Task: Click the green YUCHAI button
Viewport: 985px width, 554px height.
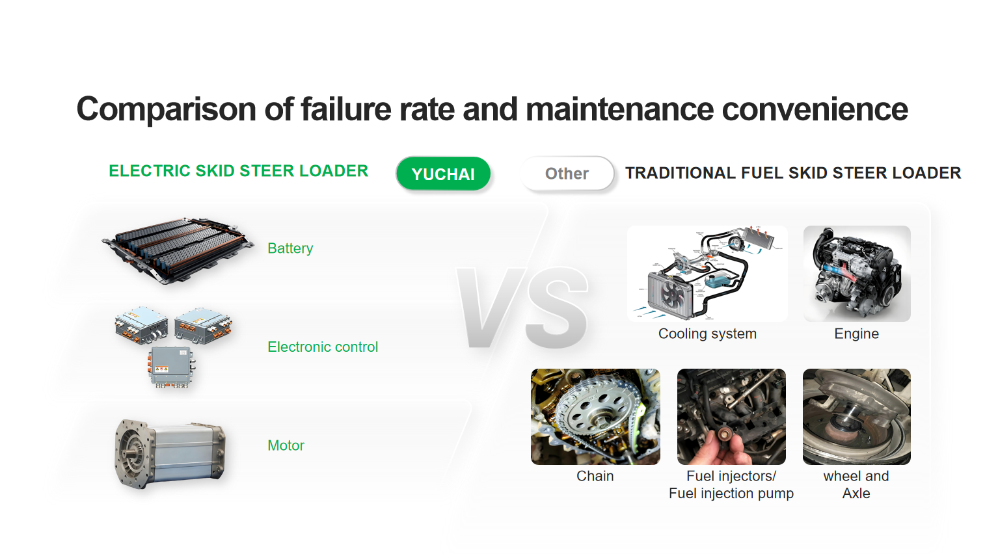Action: (443, 174)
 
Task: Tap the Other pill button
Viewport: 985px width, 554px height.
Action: (567, 174)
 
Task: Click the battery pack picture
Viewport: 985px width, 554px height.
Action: (177, 250)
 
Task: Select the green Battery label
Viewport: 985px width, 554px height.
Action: (290, 248)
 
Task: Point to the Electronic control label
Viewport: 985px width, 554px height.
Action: (323, 347)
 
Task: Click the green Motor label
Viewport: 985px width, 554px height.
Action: (286, 445)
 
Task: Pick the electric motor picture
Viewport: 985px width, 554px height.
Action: (170, 453)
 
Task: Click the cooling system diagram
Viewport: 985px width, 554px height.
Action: (707, 274)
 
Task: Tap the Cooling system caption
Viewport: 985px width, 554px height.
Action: (707, 334)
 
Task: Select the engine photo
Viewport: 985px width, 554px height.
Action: (857, 274)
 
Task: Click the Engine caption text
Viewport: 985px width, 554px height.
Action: (856, 334)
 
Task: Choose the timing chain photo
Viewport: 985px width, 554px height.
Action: (595, 417)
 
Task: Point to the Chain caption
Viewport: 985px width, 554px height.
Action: (595, 476)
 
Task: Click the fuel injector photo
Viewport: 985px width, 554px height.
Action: (731, 417)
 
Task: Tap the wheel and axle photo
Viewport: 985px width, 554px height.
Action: (856, 417)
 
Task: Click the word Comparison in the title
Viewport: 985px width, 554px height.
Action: (167, 109)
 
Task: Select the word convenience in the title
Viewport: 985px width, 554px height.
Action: (815, 109)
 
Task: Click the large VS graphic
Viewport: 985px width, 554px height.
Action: (523, 308)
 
